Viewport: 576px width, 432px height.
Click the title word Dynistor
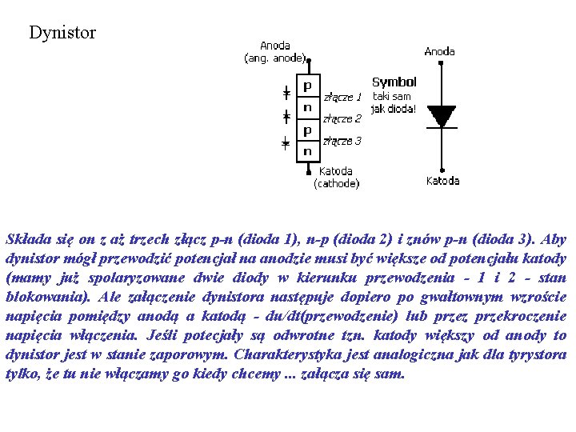tap(62, 33)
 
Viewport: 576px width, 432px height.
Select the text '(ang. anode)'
tap(275, 58)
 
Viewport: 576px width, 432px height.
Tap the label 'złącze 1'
tap(342, 98)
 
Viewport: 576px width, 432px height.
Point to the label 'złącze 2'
tap(342, 119)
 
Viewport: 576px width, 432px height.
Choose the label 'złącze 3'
tap(342, 142)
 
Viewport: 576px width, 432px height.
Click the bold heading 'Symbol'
tap(394, 82)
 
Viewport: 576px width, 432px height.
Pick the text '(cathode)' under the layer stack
tap(336, 183)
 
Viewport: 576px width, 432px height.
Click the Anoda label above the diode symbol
tap(439, 51)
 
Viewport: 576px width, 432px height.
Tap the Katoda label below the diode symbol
tap(442, 181)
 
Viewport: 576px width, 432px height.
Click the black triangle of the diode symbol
tap(441, 115)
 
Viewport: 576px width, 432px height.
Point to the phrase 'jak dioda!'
tap(394, 108)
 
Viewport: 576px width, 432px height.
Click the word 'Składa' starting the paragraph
tap(26, 239)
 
